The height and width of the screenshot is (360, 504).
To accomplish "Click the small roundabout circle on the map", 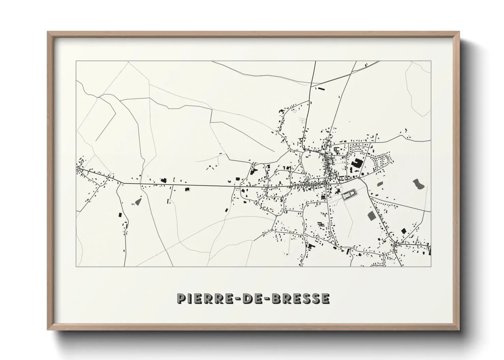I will tap(359, 178).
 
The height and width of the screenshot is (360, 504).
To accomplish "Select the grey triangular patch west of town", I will tap(138, 201).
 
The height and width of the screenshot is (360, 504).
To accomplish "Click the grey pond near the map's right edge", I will tap(419, 184).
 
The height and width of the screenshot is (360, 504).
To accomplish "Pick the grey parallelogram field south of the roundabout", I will tap(371, 215).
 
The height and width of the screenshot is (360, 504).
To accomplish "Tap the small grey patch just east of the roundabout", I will tap(380, 184).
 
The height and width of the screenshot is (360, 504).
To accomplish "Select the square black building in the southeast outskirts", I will tap(404, 231).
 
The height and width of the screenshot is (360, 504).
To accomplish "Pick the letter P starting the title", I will tap(181, 298).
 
